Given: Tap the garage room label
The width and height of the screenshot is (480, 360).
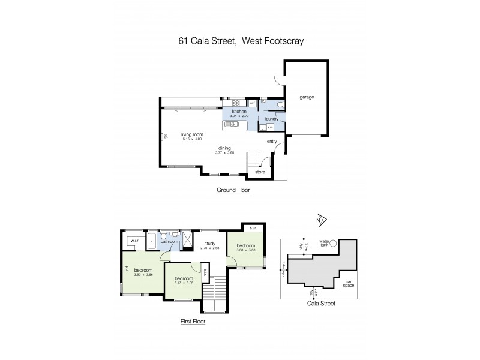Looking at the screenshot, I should tap(307, 97).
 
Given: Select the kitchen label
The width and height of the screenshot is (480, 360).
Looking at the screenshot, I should tap(239, 112).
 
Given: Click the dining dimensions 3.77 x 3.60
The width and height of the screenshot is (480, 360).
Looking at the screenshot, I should tap(224, 152).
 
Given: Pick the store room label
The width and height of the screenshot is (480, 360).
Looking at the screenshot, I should tap(260, 172).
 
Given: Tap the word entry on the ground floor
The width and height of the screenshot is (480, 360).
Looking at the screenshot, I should tap(272, 142).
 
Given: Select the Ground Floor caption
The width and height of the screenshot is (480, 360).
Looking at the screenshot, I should tap(233, 190).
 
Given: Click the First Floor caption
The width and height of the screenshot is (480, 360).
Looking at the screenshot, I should tap(193, 322).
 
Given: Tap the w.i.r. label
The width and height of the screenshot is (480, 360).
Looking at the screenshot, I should tap(136, 241).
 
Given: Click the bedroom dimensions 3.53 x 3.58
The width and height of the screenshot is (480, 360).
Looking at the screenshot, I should tap(142, 275).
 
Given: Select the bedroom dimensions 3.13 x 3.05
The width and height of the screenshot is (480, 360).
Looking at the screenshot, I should tap(183, 283).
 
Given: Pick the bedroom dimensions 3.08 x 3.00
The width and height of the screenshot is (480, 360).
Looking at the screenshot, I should tap(245, 251).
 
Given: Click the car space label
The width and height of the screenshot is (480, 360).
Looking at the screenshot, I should tap(346, 283).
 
